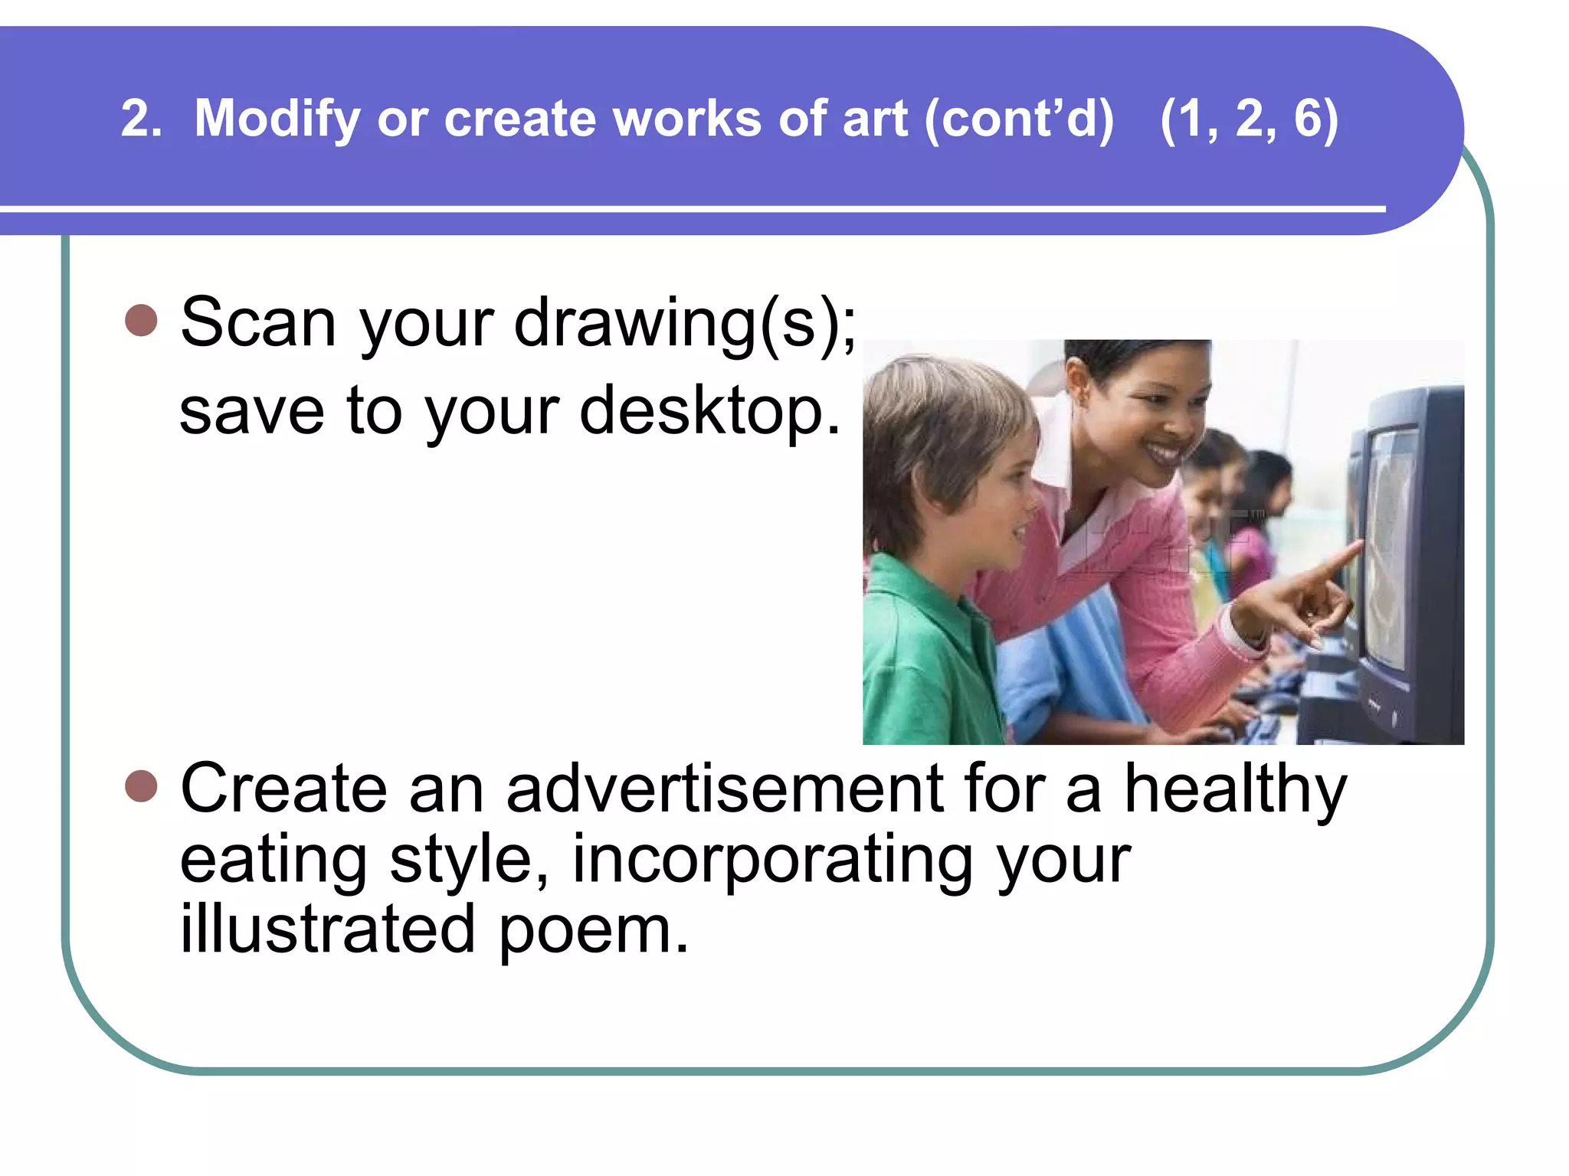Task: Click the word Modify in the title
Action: tap(277, 119)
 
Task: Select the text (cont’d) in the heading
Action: tap(1019, 119)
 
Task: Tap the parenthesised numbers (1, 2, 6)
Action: tap(1249, 119)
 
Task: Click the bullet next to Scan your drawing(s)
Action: tap(141, 320)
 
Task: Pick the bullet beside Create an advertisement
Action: tap(141, 786)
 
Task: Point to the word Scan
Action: tap(258, 323)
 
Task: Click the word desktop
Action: tap(709, 412)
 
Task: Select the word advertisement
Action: tap(725, 789)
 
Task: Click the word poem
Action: tap(595, 929)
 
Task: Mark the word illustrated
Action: tap(327, 929)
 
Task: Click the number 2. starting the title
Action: tap(141, 119)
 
